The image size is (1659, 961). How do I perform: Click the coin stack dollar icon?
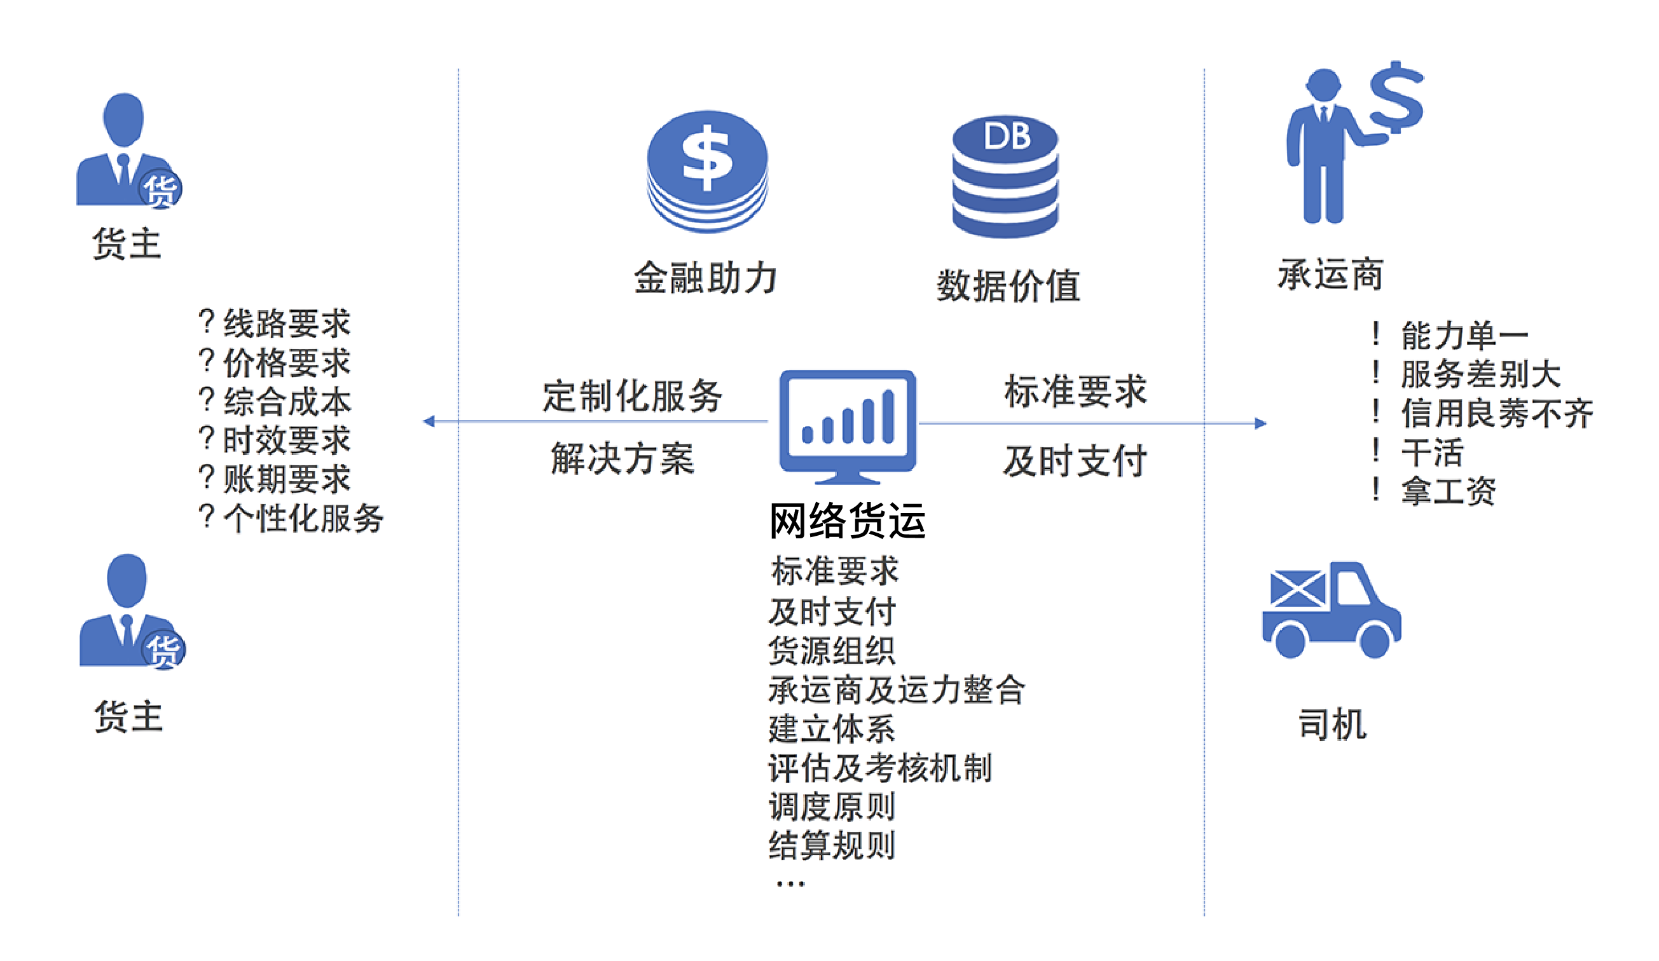(x=707, y=171)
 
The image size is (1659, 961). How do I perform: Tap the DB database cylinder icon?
(x=1005, y=177)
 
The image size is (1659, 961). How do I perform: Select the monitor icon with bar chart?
(x=847, y=425)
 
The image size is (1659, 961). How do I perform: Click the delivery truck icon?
(x=1331, y=610)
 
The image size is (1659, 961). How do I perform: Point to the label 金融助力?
(x=706, y=278)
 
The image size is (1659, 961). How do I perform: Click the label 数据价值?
(x=1008, y=285)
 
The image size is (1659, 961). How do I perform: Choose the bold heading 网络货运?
(x=847, y=521)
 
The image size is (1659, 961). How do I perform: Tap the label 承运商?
(x=1330, y=274)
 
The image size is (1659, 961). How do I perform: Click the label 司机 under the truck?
(x=1332, y=724)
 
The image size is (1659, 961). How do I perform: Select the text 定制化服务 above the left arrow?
(x=632, y=395)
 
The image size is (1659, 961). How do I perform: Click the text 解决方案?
(x=622, y=458)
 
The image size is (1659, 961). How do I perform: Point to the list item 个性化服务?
(x=303, y=518)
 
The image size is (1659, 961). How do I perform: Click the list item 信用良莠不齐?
(x=1496, y=412)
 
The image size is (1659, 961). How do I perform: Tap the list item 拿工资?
(x=1449, y=491)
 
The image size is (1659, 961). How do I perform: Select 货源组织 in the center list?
(x=832, y=650)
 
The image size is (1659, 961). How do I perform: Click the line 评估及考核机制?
(x=880, y=768)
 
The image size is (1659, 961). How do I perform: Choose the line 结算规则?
(x=832, y=845)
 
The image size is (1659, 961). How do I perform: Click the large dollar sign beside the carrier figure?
(x=1396, y=99)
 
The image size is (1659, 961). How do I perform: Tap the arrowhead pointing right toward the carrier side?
(x=1260, y=423)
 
